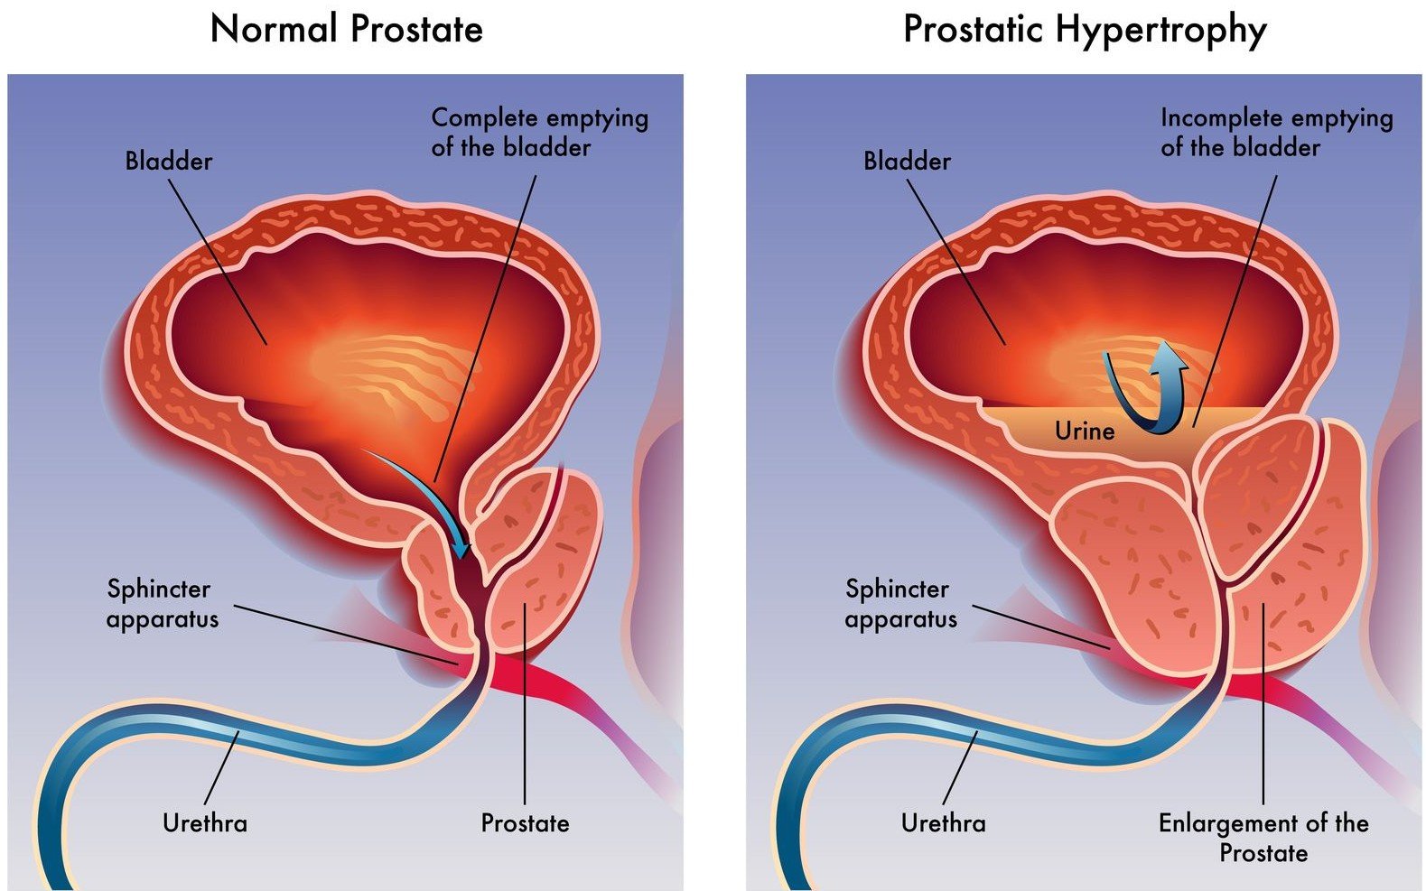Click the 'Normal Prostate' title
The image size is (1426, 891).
click(346, 29)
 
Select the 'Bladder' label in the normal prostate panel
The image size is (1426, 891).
click(169, 161)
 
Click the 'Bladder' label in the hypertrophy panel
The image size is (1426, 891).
click(907, 161)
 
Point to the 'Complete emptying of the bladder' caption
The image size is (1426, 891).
click(540, 133)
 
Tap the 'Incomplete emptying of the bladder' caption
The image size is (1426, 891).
click(1277, 133)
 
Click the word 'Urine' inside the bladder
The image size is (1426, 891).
click(1085, 431)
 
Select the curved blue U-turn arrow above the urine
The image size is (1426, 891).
click(1146, 388)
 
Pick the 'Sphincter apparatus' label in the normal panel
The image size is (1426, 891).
click(163, 603)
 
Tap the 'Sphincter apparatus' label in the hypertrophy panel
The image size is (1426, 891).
click(900, 603)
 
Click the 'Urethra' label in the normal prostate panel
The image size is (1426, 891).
click(205, 823)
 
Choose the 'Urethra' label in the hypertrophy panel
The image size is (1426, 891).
click(944, 823)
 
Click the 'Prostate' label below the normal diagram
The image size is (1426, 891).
click(526, 823)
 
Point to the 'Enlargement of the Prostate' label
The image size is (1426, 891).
click(1263, 838)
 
